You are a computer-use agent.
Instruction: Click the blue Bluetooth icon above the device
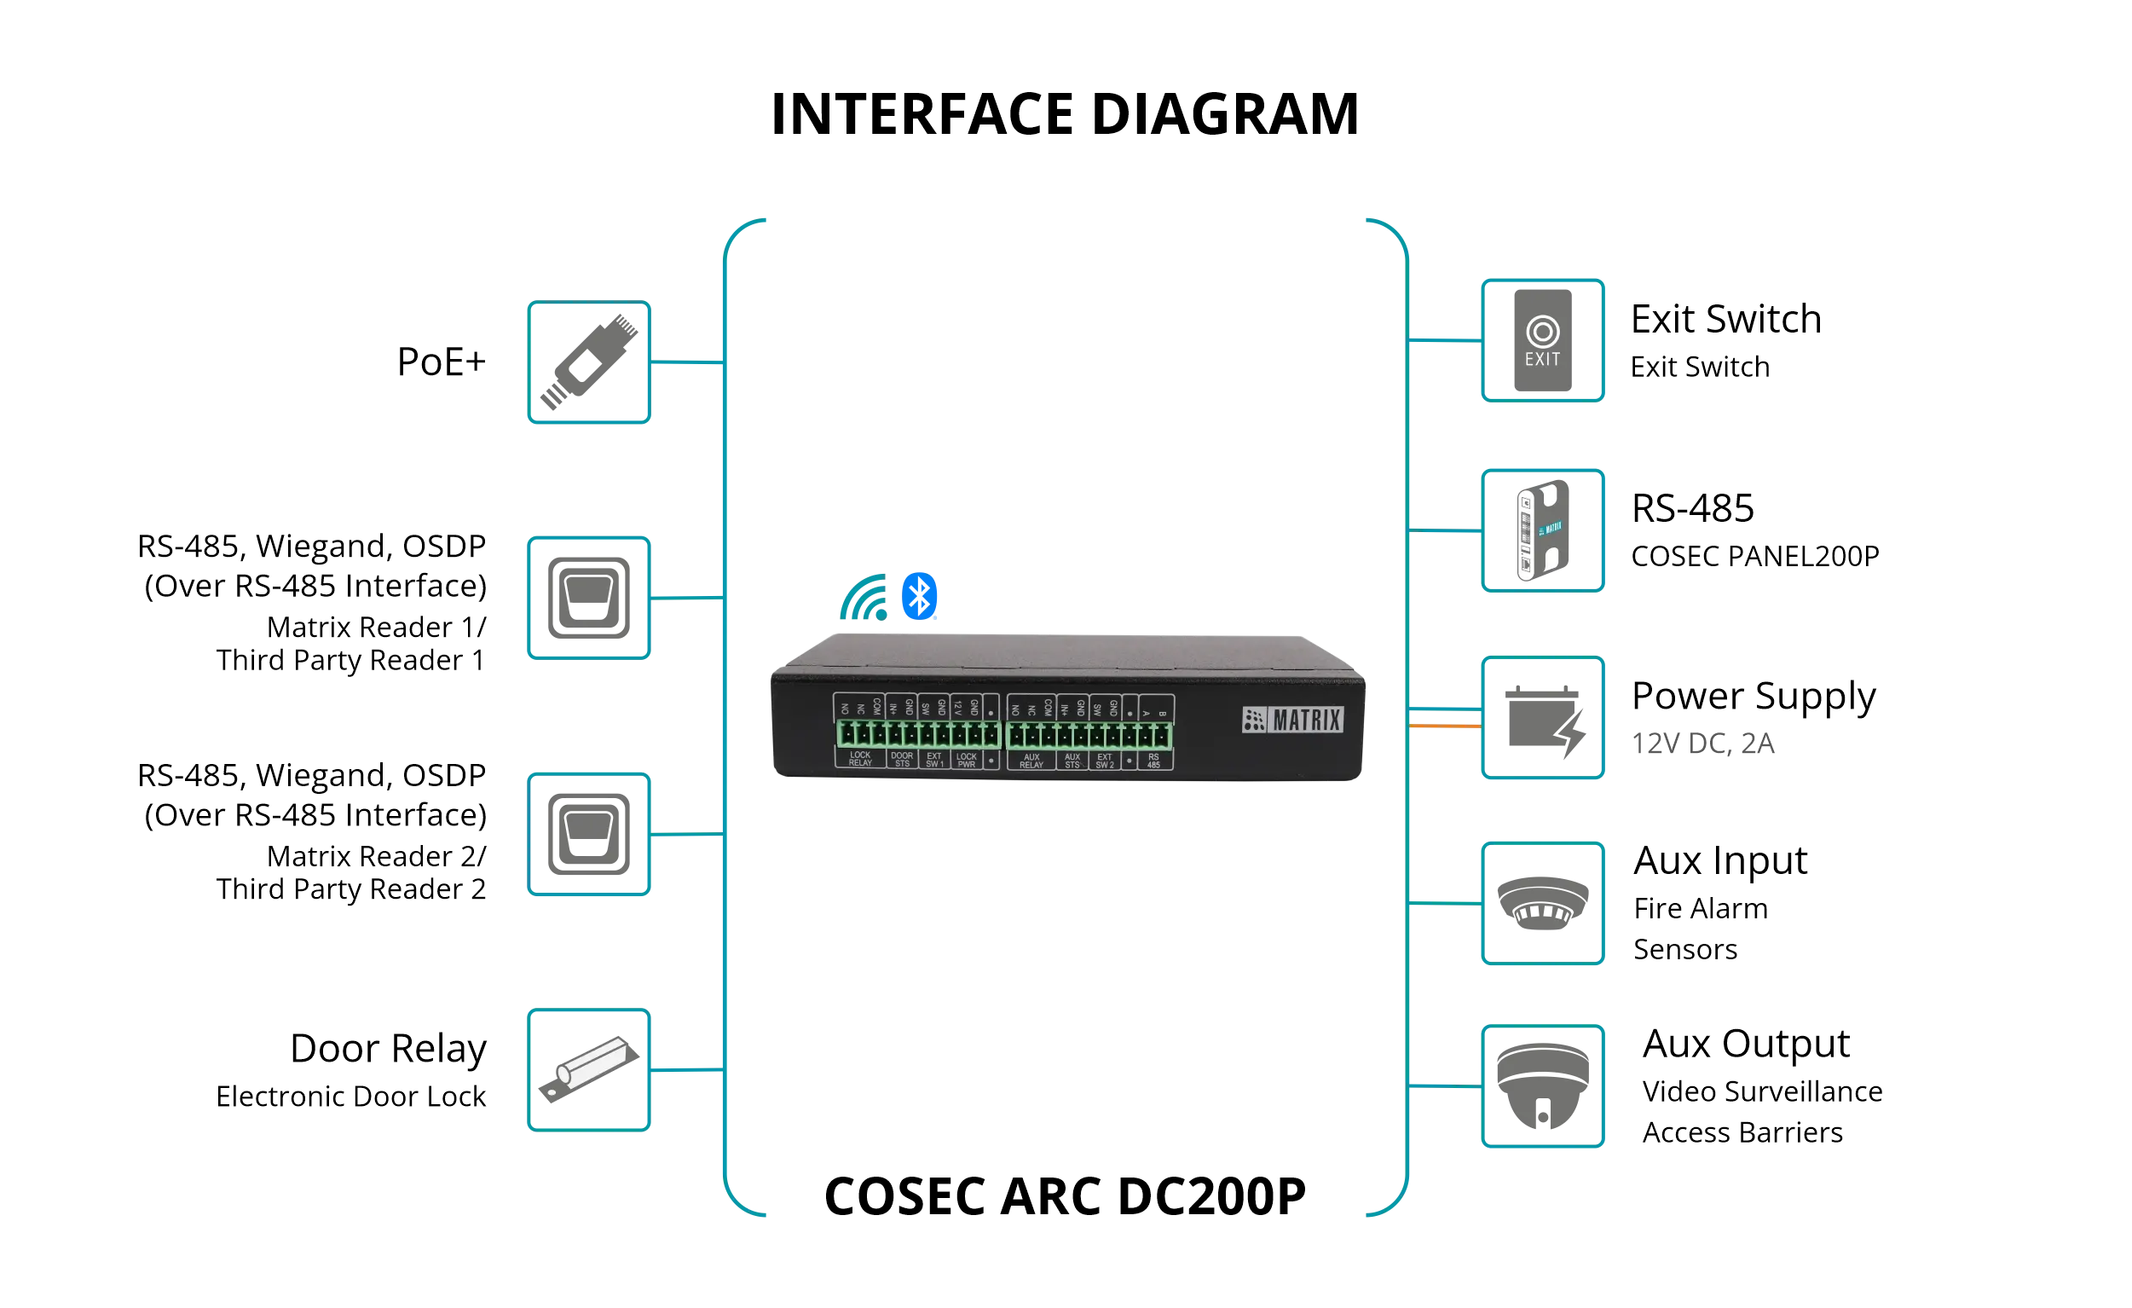920,595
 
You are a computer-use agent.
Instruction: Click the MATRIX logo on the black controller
1292,720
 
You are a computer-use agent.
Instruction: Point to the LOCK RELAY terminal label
860,759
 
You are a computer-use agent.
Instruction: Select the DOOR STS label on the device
902,759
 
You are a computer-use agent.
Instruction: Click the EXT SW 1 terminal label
934,759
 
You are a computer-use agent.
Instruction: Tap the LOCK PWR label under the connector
967,759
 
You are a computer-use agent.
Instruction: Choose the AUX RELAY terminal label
1031,760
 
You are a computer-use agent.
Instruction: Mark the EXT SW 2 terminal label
1104,760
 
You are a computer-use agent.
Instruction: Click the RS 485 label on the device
1153,760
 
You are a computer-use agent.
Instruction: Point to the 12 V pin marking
958,707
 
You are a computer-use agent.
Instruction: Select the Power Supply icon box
1544,720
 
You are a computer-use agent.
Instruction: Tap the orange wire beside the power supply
1444,726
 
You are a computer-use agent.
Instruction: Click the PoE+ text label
442,362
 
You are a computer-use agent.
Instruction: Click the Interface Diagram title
1063,113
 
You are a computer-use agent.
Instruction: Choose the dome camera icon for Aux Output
1544,1088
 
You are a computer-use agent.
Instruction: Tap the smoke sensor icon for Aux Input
1544,903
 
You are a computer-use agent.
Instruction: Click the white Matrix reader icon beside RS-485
1544,530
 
